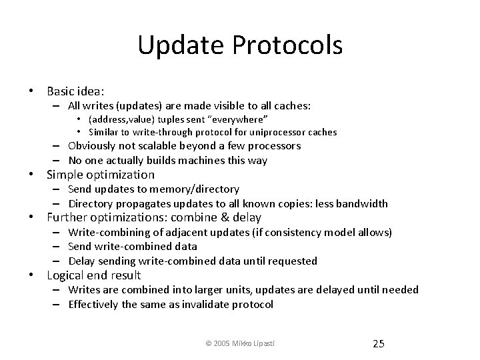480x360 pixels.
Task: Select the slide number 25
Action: pyautogui.click(x=378, y=343)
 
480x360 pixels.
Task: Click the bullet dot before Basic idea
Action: pyautogui.click(x=32, y=90)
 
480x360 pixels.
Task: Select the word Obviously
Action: pyautogui.click(x=97, y=146)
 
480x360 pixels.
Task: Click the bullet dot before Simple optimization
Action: pyautogui.click(x=32, y=175)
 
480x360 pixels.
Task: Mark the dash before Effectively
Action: pyautogui.click(x=59, y=304)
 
